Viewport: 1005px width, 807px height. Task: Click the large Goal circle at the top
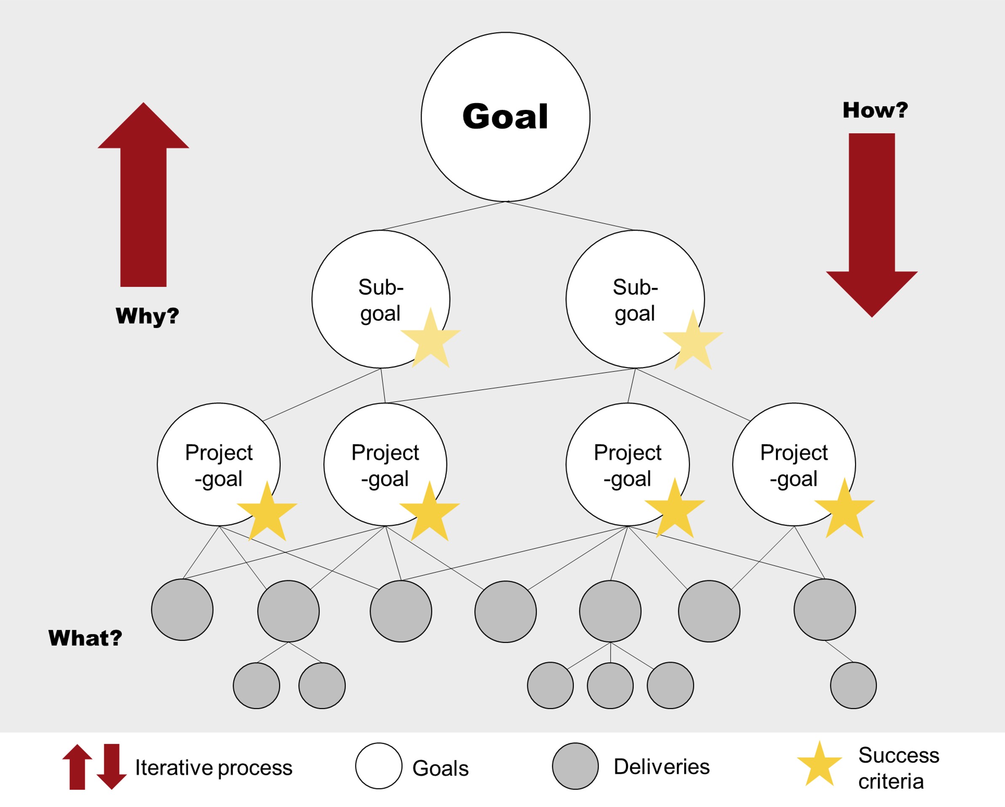[505, 117]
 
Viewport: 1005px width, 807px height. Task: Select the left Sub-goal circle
[380, 299]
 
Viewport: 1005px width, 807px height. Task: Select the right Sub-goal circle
[635, 299]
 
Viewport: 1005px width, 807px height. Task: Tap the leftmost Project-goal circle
[219, 464]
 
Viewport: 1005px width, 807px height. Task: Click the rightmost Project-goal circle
[794, 464]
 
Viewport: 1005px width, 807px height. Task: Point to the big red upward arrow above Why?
[143, 196]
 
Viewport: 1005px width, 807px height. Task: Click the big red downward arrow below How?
[871, 224]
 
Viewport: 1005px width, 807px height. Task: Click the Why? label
[147, 316]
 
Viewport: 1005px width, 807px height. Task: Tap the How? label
[875, 110]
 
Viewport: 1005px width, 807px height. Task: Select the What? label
[86, 638]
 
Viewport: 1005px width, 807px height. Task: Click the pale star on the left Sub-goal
[431, 340]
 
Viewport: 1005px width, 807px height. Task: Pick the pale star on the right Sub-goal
[693, 342]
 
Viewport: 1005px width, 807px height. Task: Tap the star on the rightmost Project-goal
[844, 510]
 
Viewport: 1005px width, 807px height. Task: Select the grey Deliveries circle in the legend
[575, 766]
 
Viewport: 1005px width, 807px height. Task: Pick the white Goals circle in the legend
[379, 766]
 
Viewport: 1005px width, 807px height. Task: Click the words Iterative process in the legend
[214, 767]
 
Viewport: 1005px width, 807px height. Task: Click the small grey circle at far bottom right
[853, 685]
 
